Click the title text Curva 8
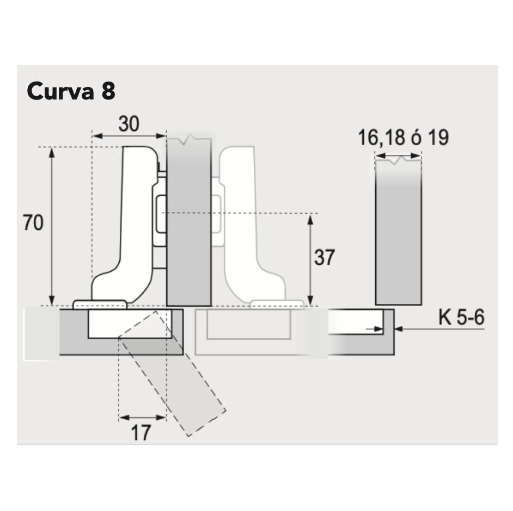pos(71,91)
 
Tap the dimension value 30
pos(129,124)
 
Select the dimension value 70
pos(33,223)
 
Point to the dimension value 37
pos(325,257)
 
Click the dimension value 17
pos(141,433)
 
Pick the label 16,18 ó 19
pos(403,138)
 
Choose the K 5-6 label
pos(461,318)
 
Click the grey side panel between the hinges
pos(188,223)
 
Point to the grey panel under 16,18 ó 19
pos(399,234)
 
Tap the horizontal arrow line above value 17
pos(142,417)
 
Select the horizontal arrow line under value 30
pos(129,135)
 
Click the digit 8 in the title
pos(108,91)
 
